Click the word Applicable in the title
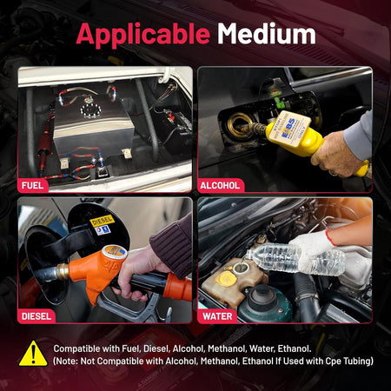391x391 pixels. coord(143,35)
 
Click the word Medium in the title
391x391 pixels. coord(267,34)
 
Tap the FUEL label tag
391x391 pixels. coord(32,185)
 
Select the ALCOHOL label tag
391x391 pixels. coord(220,185)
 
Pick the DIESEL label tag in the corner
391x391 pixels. coord(36,316)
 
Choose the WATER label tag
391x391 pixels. coord(217,316)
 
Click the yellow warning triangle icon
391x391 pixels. coord(33,354)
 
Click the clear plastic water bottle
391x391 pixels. coord(295,259)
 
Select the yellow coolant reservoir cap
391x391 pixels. coord(225,279)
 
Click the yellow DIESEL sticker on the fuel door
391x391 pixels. coord(102,221)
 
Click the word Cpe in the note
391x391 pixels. coord(334,361)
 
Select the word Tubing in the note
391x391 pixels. coord(358,361)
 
